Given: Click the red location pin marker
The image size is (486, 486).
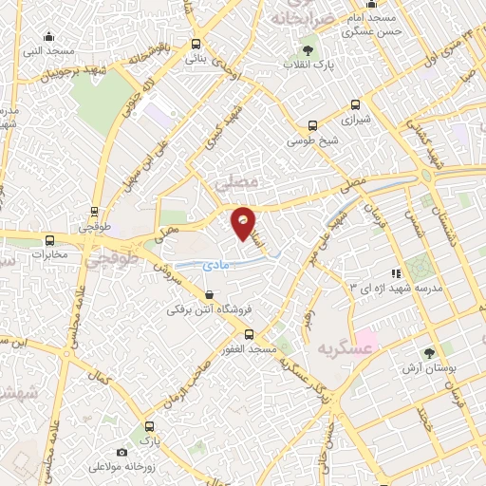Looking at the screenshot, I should pyautogui.click(x=244, y=221).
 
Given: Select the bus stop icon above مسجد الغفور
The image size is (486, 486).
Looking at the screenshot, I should pyautogui.click(x=249, y=334).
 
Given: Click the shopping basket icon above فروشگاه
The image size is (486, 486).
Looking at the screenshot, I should pyautogui.click(x=208, y=295).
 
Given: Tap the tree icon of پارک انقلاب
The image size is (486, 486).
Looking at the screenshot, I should pyautogui.click(x=307, y=49).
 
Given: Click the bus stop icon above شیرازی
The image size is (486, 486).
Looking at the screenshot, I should pyautogui.click(x=356, y=105).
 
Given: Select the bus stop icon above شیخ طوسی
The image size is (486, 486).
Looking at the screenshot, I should pyautogui.click(x=313, y=125).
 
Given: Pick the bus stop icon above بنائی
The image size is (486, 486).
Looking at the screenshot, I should pyautogui.click(x=196, y=43).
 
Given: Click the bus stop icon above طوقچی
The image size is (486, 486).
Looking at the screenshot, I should pyautogui.click(x=93, y=212).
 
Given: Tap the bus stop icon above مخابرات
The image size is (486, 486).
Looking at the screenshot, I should pyautogui.click(x=50, y=239).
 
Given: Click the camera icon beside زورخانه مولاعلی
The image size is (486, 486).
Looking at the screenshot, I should pyautogui.click(x=121, y=453).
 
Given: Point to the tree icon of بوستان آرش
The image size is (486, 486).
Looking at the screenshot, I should pyautogui.click(x=432, y=351).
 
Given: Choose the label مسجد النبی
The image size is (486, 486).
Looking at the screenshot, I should pyautogui.click(x=43, y=48).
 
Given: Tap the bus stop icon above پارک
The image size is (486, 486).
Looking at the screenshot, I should pyautogui.click(x=146, y=426).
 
